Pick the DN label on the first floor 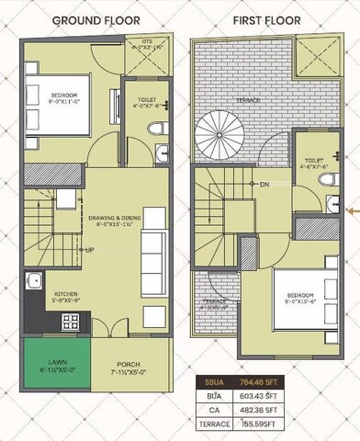[x=264, y=186]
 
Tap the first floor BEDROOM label [x=301, y=296]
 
